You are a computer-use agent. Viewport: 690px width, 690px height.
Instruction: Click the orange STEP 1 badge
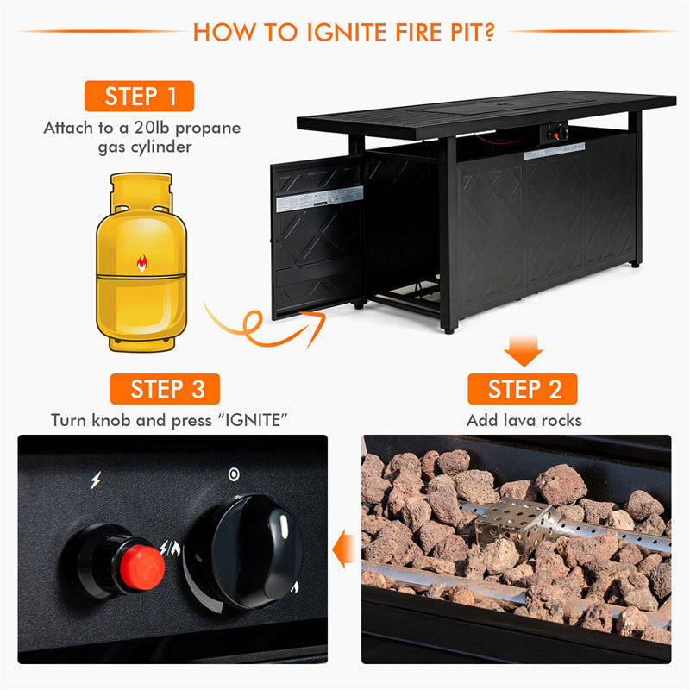point(139,96)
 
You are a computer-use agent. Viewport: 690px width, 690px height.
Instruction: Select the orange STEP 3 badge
point(165,389)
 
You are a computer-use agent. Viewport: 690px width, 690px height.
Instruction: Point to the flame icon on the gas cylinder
point(141,263)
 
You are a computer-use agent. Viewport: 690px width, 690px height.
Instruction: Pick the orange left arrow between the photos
point(345,547)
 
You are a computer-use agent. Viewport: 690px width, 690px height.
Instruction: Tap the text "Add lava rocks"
point(524,421)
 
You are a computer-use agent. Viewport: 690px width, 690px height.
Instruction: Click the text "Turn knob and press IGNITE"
point(168,421)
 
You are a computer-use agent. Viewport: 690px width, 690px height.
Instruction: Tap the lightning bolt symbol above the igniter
point(95,480)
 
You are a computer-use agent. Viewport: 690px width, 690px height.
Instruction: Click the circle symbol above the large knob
point(233,474)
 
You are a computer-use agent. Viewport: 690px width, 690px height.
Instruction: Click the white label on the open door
point(311,202)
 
